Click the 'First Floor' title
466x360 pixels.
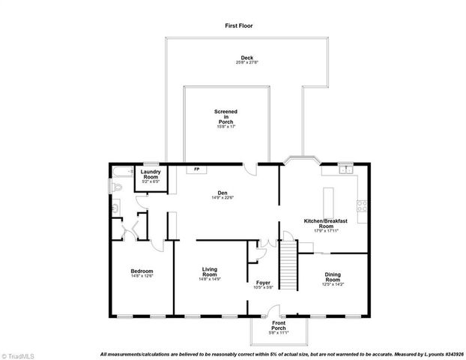(239, 25)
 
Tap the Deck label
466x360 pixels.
(246, 58)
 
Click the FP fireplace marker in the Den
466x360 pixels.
(197, 169)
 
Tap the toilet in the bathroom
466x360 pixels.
(115, 206)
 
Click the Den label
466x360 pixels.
(223, 193)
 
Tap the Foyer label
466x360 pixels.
(263, 283)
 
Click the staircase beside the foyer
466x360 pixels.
(288, 262)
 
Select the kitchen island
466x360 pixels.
(327, 201)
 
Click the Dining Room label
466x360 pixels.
(332, 277)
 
